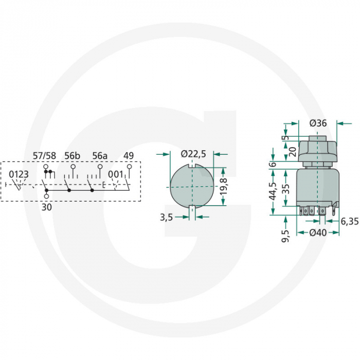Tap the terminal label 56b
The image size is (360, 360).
(x=73, y=156)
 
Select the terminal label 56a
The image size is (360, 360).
(x=100, y=156)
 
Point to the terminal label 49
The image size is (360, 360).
(x=129, y=156)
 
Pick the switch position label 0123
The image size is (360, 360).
(x=19, y=174)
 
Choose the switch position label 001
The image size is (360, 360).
(x=115, y=174)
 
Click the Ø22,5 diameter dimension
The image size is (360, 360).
(x=193, y=154)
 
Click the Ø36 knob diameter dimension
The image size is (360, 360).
(x=319, y=123)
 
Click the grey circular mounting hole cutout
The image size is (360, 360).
(x=192, y=185)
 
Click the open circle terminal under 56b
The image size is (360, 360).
(x=73, y=167)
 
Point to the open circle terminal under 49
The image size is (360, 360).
(x=129, y=167)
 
